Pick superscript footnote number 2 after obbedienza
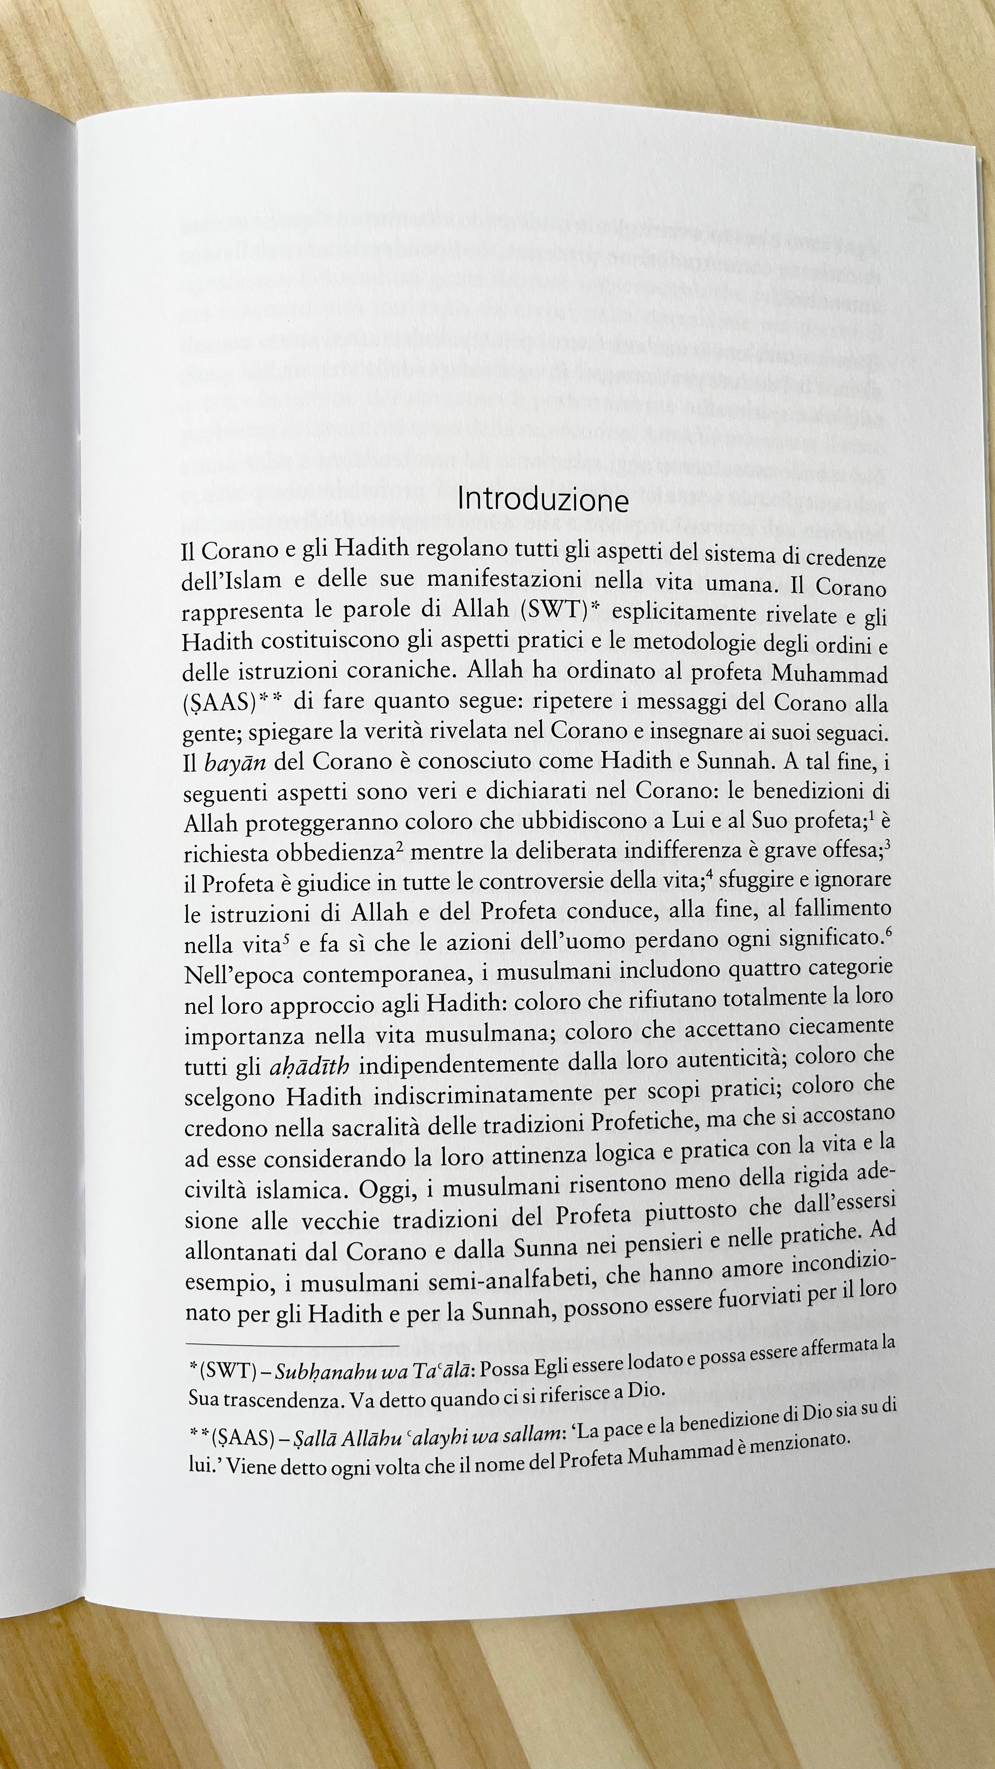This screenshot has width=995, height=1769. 399,849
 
